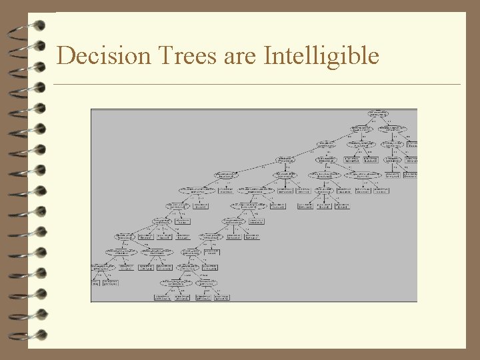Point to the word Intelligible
coord(321,56)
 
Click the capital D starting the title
coord(65,56)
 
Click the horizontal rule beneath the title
coord(257,85)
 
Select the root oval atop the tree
coord(379,114)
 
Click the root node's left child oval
coord(361,128)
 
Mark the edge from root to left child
coord(370,121)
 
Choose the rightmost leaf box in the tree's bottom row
coord(218,297)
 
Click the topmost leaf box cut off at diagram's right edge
coord(413,143)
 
